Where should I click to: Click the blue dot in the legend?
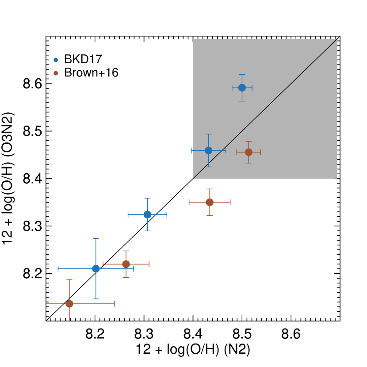click(56, 60)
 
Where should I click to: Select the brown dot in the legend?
click(56, 73)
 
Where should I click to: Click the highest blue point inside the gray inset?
click(242, 88)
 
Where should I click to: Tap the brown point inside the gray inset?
click(248, 152)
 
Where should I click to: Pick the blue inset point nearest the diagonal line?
click(208, 150)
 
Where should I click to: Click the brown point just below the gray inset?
click(210, 202)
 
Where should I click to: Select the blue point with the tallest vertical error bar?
click(96, 268)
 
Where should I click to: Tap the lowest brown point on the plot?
click(69, 304)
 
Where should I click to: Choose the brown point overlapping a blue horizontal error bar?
click(126, 264)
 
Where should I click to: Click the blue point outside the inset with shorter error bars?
click(147, 214)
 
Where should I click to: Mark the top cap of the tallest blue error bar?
click(96, 239)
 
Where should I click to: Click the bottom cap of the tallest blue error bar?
click(96, 299)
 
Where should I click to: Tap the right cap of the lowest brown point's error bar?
click(115, 304)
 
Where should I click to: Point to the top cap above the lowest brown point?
click(69, 279)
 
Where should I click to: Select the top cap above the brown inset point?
click(248, 142)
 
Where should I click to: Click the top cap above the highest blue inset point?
click(242, 75)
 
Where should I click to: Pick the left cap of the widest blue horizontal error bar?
click(58, 268)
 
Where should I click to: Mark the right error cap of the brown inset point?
click(260, 152)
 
